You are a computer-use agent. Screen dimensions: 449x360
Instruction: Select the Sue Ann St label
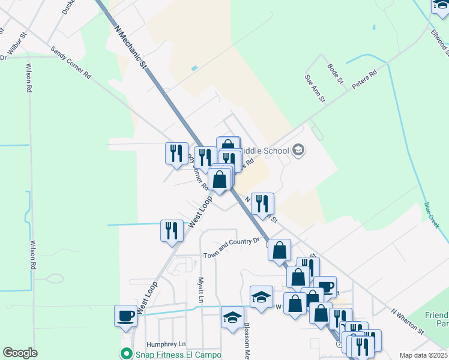pos(314,88)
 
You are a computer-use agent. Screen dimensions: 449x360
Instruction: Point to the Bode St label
pos(335,73)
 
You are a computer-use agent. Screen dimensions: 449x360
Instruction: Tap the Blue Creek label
pos(432,212)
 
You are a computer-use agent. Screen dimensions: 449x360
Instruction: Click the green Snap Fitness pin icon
pos(126,353)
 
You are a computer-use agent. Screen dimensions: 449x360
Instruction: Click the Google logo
pos(20,353)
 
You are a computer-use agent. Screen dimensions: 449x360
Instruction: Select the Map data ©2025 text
pos(423,355)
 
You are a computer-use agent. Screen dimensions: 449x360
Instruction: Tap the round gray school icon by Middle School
pos(298,151)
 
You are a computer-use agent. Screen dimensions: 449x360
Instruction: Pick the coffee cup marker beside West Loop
pos(126,316)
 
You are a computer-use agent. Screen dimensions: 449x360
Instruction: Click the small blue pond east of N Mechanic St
pos(193,68)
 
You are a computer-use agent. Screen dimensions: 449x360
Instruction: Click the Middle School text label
pos(268,151)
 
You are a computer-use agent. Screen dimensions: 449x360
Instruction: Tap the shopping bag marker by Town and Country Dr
pos(280,250)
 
